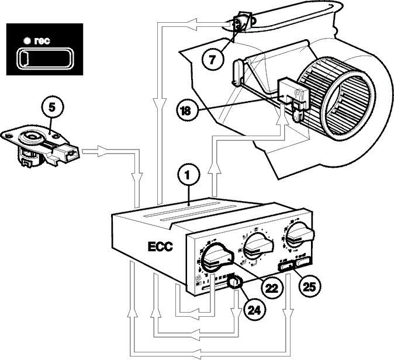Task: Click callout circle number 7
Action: coord(212,60)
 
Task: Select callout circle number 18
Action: coord(186,110)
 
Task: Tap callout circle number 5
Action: coord(52,108)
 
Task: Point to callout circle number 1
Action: coord(188,175)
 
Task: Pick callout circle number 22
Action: coord(272,288)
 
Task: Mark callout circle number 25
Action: coord(309,286)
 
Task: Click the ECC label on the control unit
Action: coord(160,247)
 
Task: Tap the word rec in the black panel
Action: coord(42,41)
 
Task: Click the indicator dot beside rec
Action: coord(27,41)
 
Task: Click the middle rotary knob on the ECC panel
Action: coord(258,245)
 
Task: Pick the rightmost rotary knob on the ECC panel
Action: coord(300,234)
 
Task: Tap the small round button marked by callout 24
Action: coord(234,283)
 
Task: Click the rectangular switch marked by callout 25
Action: coord(286,266)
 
